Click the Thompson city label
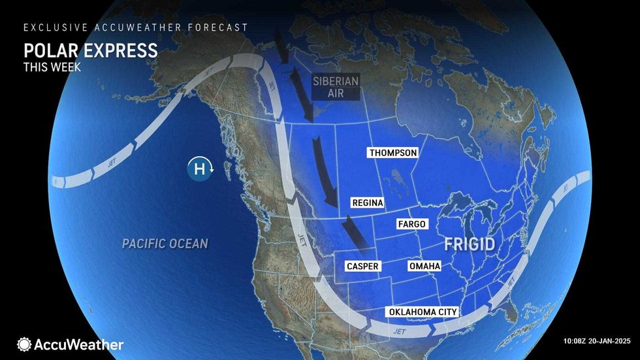[x=392, y=153]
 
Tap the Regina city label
[x=366, y=203]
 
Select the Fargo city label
[x=411, y=224]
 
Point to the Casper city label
[x=362, y=267]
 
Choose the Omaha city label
[x=424, y=267]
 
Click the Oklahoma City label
[x=423, y=312]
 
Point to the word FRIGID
[x=470, y=245]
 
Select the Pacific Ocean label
[x=165, y=244]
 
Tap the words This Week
[x=52, y=67]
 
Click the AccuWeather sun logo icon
[x=25, y=344]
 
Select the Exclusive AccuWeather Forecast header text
[x=136, y=27]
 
